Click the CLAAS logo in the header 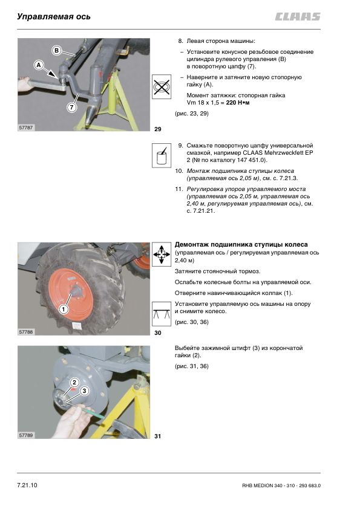[x=298, y=16]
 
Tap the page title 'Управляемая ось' [x=54, y=16]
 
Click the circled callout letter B [x=56, y=50]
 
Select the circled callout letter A [x=39, y=65]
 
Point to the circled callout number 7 [x=71, y=107]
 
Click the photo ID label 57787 [x=25, y=128]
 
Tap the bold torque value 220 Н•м [x=238, y=103]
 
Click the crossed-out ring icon [x=162, y=86]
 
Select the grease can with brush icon [x=162, y=155]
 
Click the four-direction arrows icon [x=162, y=254]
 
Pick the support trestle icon [x=162, y=314]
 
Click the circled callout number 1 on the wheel [x=64, y=309]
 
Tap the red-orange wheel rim [x=71, y=295]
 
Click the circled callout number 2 [x=74, y=383]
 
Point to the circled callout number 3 [x=84, y=391]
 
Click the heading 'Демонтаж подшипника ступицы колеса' [x=241, y=244]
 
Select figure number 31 [x=157, y=436]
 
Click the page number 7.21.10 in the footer [x=27, y=485]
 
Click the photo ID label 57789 [x=25, y=435]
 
